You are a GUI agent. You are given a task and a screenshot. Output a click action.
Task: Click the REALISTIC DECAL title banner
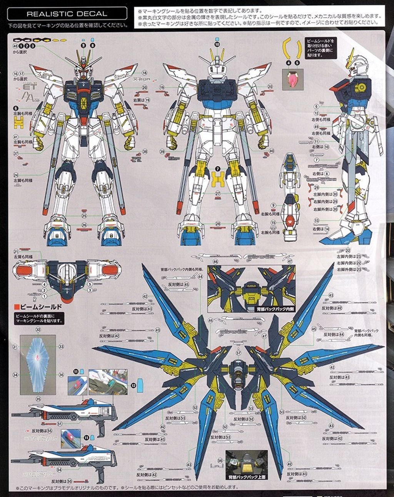tap(67, 14)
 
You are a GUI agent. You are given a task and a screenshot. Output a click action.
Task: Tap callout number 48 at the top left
tap(15, 46)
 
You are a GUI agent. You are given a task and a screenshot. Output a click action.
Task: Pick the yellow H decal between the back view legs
tap(218, 179)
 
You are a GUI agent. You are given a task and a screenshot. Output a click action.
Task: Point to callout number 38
tap(145, 151)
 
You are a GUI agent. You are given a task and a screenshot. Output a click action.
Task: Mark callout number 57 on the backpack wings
tap(239, 352)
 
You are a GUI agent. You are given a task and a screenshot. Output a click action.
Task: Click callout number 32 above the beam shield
tap(38, 330)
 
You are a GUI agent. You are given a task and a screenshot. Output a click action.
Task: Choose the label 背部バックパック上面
tap(246, 477)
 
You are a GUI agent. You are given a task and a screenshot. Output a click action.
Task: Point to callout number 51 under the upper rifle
tap(60, 423)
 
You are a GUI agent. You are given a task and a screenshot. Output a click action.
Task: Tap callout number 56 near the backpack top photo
tap(220, 460)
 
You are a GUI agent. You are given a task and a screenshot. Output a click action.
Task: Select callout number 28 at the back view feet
tap(217, 224)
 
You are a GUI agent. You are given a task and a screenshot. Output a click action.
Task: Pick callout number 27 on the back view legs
tap(217, 194)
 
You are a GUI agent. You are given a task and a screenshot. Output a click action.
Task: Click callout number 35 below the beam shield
tap(38, 399)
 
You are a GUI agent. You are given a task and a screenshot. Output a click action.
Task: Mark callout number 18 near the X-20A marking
tap(145, 73)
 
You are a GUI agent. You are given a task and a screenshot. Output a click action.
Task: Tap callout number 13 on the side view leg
tap(316, 220)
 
